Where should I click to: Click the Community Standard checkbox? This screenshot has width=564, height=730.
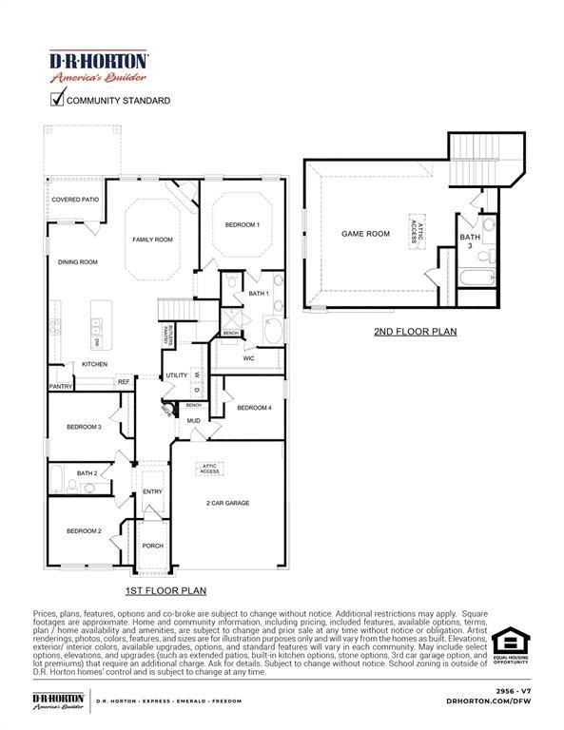(58, 99)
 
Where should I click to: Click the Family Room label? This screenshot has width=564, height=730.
(152, 240)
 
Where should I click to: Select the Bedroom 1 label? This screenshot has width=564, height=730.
(242, 224)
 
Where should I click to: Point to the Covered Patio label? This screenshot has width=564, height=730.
(75, 201)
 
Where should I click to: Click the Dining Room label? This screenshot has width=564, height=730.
(78, 261)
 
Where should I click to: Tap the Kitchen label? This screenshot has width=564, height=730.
(94, 364)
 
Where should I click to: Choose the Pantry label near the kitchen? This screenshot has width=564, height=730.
(61, 387)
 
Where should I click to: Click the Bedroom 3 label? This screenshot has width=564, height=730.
(84, 427)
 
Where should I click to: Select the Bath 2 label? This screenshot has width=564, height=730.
(88, 472)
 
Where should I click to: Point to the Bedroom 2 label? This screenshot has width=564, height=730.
(84, 530)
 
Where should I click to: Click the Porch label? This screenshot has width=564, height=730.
(152, 546)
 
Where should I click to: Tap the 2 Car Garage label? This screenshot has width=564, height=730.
(227, 503)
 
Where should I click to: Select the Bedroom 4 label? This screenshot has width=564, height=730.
(254, 408)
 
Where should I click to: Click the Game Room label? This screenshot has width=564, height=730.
(366, 233)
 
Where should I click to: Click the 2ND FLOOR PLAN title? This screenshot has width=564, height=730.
(415, 332)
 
